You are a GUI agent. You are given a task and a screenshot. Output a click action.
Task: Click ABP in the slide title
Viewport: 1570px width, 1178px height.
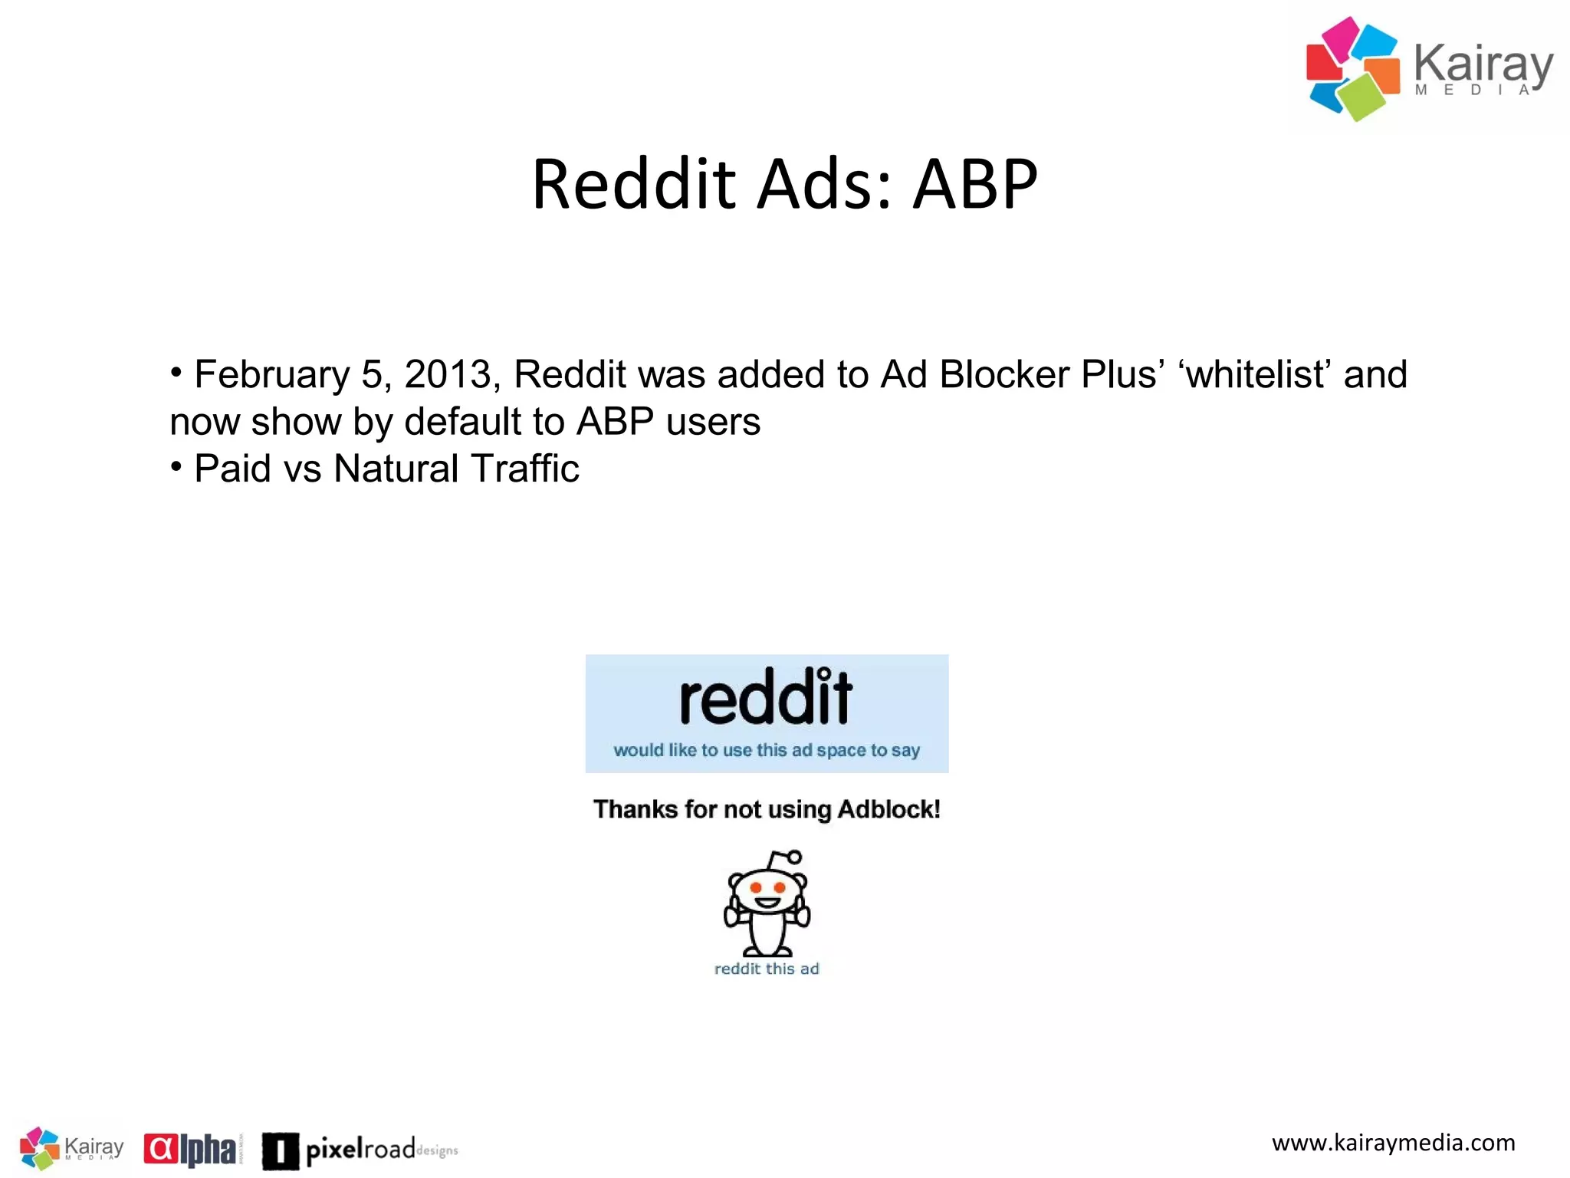975,184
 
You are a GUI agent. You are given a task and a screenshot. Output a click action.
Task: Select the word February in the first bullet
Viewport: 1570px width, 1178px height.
271,375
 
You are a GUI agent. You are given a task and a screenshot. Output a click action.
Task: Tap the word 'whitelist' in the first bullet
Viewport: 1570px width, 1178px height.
1255,375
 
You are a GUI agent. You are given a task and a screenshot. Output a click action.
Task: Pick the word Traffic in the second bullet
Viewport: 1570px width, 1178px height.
525,469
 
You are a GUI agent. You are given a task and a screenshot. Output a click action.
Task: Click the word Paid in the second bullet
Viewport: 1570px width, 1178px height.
233,469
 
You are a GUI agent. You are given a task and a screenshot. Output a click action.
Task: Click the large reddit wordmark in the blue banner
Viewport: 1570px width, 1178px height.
766,697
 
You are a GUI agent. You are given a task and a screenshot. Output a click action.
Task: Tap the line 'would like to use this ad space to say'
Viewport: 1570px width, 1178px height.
766,750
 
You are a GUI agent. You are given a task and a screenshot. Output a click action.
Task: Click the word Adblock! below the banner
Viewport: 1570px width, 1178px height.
888,810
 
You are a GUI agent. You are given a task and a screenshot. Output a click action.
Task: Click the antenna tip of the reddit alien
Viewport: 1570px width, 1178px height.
795,857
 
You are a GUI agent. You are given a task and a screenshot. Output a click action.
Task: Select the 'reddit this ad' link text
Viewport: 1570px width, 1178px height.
767,969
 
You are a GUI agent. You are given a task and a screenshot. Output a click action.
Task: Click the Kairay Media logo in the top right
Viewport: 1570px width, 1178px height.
1429,69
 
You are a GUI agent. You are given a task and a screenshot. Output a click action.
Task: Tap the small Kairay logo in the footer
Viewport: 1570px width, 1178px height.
71,1148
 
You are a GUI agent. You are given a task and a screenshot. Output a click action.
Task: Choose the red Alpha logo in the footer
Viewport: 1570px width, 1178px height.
192,1149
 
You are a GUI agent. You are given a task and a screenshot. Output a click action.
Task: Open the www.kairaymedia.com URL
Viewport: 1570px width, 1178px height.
1393,1143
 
